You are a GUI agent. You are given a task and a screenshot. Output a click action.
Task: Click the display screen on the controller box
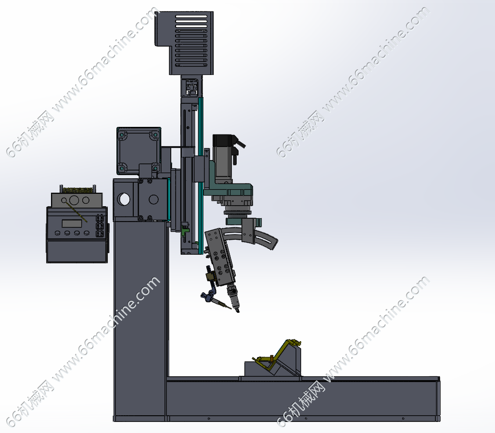[x=72, y=223]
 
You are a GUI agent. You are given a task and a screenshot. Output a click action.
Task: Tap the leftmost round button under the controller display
[x=57, y=233]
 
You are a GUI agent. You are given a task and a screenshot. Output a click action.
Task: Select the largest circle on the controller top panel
[x=75, y=200]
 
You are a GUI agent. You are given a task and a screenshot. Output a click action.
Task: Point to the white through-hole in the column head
[x=124, y=199]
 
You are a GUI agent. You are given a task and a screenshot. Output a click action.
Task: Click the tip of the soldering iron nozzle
[x=238, y=311]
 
